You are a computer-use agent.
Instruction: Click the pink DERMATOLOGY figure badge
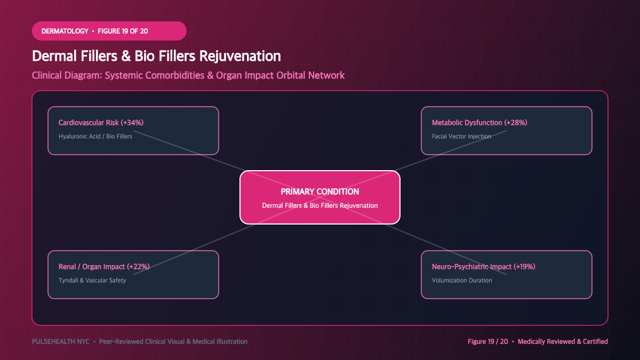[109, 31]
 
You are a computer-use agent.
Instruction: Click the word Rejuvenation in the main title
[240, 56]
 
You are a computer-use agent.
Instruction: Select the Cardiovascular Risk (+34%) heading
[101, 123]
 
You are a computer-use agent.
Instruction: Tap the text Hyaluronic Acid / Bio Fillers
[95, 137]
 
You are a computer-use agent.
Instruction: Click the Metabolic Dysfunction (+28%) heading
[479, 123]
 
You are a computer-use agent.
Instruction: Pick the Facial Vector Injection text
[461, 137]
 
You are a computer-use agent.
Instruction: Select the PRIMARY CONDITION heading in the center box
[319, 191]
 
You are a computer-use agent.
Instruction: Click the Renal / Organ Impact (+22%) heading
[104, 267]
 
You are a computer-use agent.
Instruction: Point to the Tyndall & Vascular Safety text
[92, 281]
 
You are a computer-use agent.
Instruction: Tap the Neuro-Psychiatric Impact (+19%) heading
[483, 267]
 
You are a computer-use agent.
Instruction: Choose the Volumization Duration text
[462, 281]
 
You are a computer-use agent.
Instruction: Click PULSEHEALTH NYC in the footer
[61, 341]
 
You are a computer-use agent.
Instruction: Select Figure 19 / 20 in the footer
[487, 341]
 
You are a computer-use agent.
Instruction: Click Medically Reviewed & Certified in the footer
[563, 341]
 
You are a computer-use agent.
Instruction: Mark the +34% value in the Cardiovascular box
[132, 123]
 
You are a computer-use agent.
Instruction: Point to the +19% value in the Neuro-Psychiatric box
[524, 267]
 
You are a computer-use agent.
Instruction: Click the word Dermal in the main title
[54, 56]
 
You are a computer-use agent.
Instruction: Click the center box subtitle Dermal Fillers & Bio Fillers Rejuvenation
[319, 205]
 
